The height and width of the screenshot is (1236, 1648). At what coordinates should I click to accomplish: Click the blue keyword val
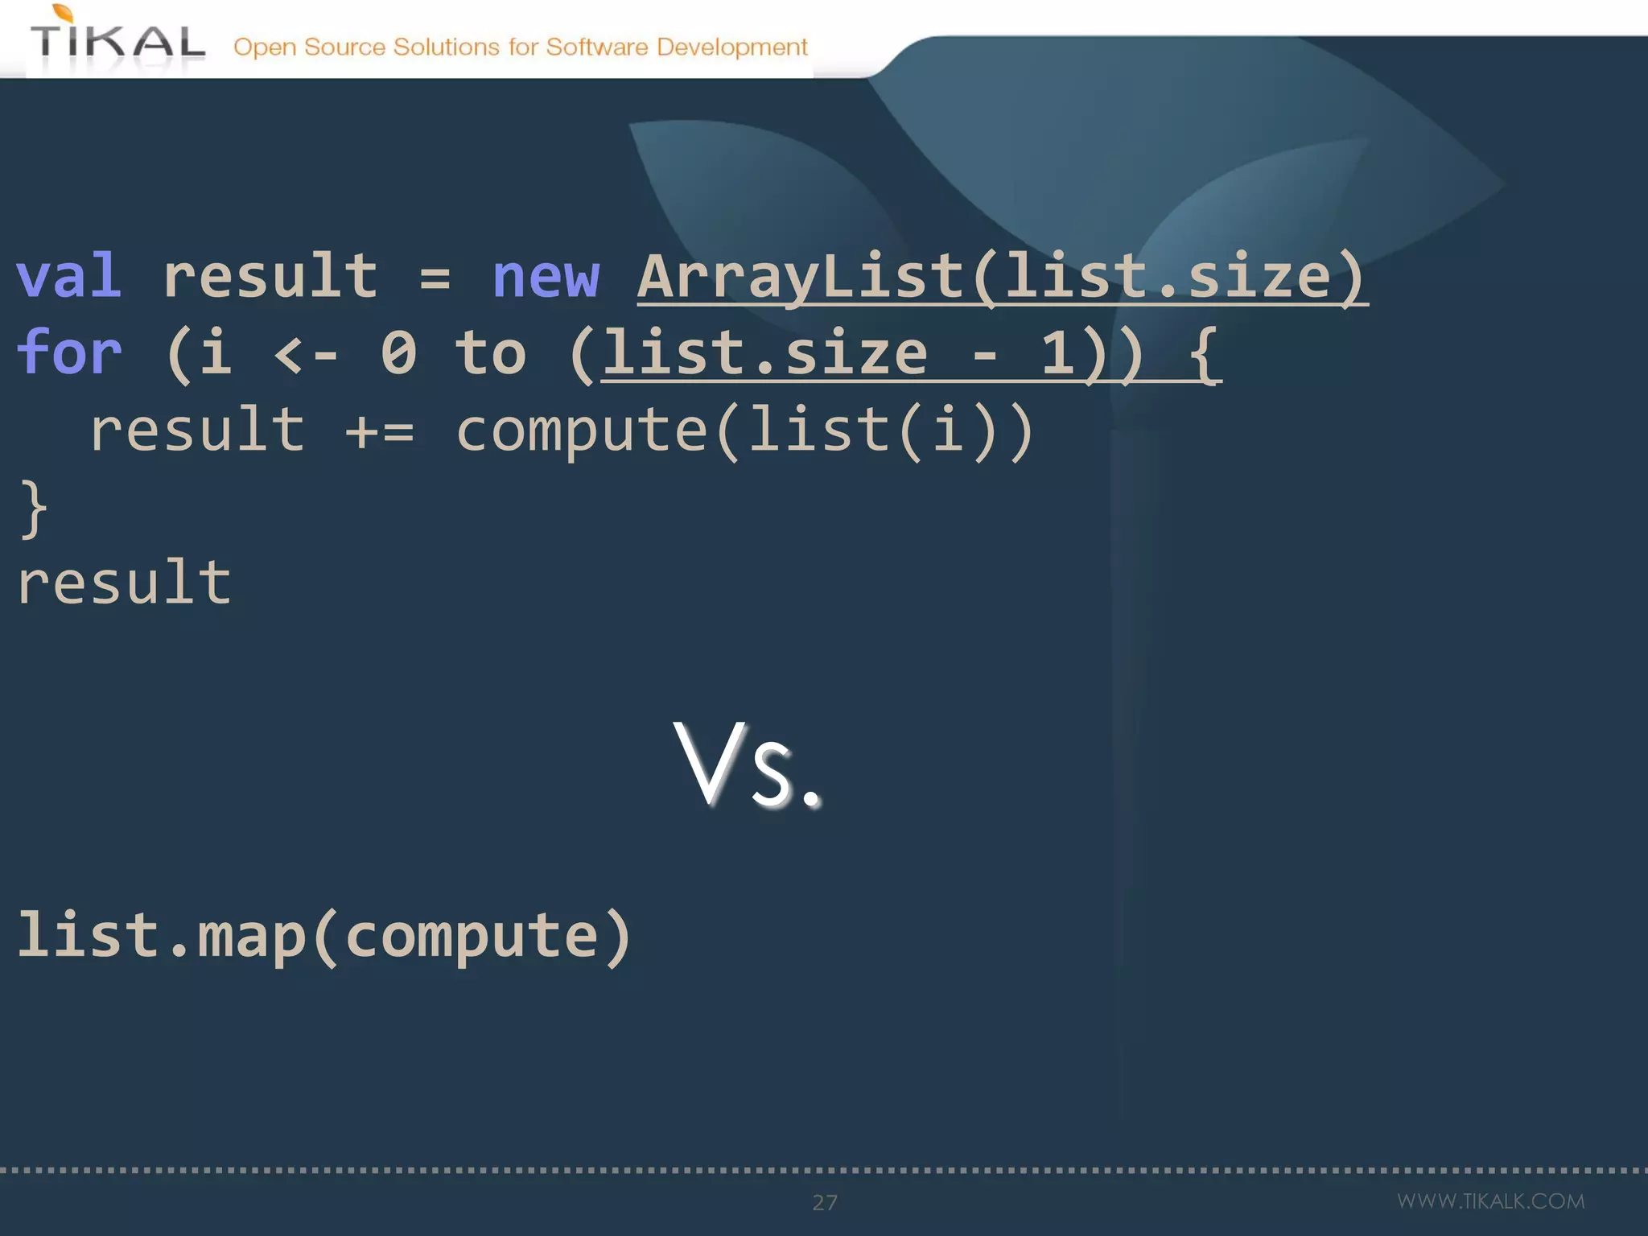click(x=69, y=276)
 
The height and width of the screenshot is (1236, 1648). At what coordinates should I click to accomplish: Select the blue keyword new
click(x=546, y=276)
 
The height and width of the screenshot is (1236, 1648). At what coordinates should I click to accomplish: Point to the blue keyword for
click(x=69, y=352)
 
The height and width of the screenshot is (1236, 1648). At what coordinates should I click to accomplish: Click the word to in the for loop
click(x=491, y=352)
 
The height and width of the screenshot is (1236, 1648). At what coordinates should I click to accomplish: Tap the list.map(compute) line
click(x=323, y=936)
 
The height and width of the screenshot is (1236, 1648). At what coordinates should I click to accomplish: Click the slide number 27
click(x=825, y=1202)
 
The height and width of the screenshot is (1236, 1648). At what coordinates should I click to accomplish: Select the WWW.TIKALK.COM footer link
click(x=1490, y=1201)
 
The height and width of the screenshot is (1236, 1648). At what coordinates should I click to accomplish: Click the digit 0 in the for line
click(x=399, y=352)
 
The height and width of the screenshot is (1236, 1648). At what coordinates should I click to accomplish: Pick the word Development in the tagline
click(x=731, y=47)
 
